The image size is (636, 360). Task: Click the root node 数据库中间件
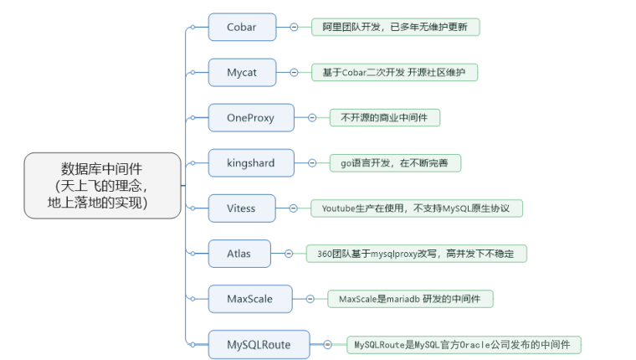(x=102, y=185)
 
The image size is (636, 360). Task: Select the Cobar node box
(x=241, y=27)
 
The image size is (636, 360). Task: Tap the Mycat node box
(x=241, y=73)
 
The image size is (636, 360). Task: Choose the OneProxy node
(x=250, y=118)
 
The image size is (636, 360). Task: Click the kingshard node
(x=250, y=162)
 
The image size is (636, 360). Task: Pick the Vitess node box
(x=241, y=208)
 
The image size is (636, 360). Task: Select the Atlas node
(x=238, y=253)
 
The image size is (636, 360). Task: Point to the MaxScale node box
(x=249, y=298)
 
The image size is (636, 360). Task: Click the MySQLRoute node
(x=258, y=343)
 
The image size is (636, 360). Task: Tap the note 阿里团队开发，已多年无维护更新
(x=395, y=27)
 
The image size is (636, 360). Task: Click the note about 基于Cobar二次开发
(x=394, y=73)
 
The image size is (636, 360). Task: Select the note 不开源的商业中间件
(x=384, y=118)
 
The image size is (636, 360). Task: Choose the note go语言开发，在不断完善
(x=394, y=162)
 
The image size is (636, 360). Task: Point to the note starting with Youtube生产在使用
(x=416, y=208)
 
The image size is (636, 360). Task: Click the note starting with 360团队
(x=416, y=253)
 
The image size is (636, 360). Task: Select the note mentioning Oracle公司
(x=464, y=344)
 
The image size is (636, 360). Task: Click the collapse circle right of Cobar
(x=294, y=27)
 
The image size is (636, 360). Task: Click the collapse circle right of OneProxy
(x=311, y=118)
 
